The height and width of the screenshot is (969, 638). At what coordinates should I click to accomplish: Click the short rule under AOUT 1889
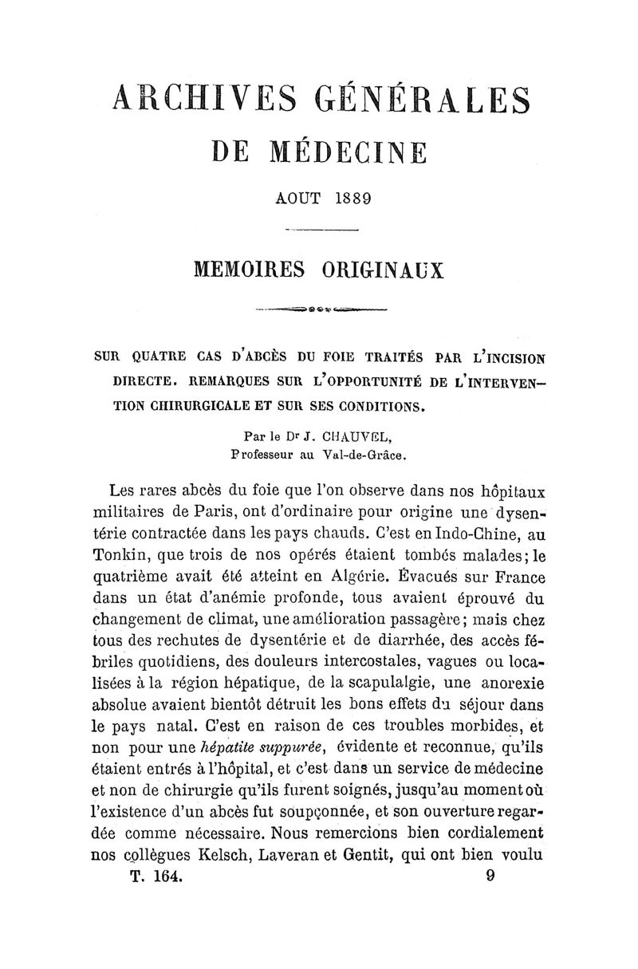coord(319,230)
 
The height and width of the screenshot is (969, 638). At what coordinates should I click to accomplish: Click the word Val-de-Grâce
coord(368,458)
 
